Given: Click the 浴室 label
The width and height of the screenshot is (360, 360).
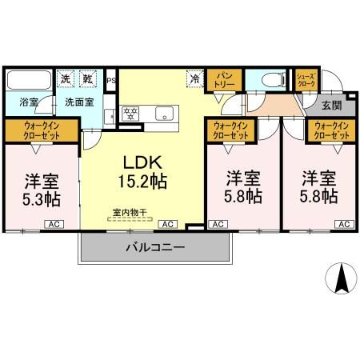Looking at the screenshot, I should coord(18,102).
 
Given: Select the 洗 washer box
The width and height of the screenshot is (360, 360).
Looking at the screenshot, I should coord(66,79).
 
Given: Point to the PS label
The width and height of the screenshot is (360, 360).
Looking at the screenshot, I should coord(111,79).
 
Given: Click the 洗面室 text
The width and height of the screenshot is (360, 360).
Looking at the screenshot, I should coord(80,102).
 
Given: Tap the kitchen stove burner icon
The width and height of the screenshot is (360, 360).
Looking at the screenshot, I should coord(130,112).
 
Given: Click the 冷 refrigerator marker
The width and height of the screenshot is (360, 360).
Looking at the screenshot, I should coord(194,78).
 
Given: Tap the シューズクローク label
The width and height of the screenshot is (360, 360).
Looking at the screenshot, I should coord(306,79).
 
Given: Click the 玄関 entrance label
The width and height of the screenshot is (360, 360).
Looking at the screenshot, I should coord(332,103).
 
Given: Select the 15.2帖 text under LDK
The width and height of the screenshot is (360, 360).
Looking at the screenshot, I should coord(144,181).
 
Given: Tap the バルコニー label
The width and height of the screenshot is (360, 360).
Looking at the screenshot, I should coord(155,248).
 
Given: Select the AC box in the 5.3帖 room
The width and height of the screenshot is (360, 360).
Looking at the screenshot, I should coord(54,225).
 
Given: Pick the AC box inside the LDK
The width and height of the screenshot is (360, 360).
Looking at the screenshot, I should coord(169,225).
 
